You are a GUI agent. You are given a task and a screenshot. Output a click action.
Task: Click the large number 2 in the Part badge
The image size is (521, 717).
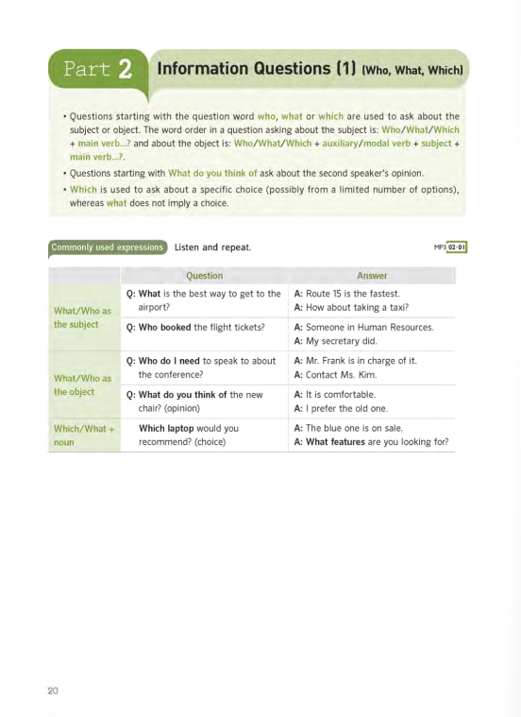124,70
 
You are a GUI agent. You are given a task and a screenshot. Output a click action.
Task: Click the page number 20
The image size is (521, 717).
53,691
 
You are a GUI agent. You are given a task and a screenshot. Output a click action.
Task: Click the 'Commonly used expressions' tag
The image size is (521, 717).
108,248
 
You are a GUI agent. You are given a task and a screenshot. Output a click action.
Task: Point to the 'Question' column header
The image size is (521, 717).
204,276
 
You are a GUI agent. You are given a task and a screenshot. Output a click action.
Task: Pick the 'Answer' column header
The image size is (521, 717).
372,276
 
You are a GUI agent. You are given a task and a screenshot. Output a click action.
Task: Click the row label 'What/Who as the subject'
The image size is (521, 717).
83,317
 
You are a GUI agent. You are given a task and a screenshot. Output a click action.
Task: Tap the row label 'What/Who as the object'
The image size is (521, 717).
83,384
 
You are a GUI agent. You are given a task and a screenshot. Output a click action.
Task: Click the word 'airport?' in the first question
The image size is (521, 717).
154,308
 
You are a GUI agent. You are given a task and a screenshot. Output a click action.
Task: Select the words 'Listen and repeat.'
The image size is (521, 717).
212,248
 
